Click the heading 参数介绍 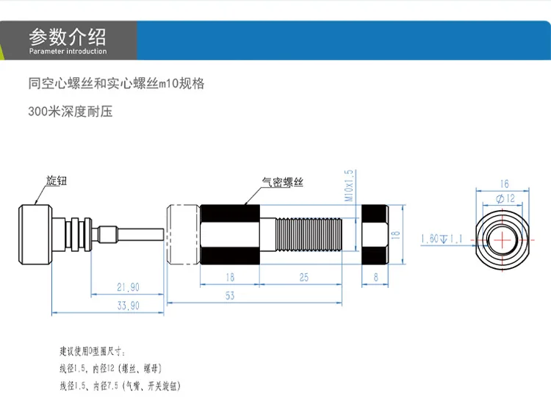click(68, 37)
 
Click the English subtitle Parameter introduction click(68, 51)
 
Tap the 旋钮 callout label click(57, 181)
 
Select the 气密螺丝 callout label click(283, 182)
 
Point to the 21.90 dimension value click(128, 287)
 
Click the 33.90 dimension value click(128, 306)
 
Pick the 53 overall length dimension click(230, 296)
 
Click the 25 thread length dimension click(304, 278)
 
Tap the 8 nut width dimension click(375, 278)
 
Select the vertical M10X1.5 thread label click(349, 186)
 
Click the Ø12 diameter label click(505, 198)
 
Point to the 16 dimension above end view click(504, 184)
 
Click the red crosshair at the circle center click(503, 240)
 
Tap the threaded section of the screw click(309, 235)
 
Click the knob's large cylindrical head click(35, 234)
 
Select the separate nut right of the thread click(375, 235)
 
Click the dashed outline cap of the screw click(184, 234)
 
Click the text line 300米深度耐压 click(71, 112)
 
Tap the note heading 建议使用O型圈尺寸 click(92, 351)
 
